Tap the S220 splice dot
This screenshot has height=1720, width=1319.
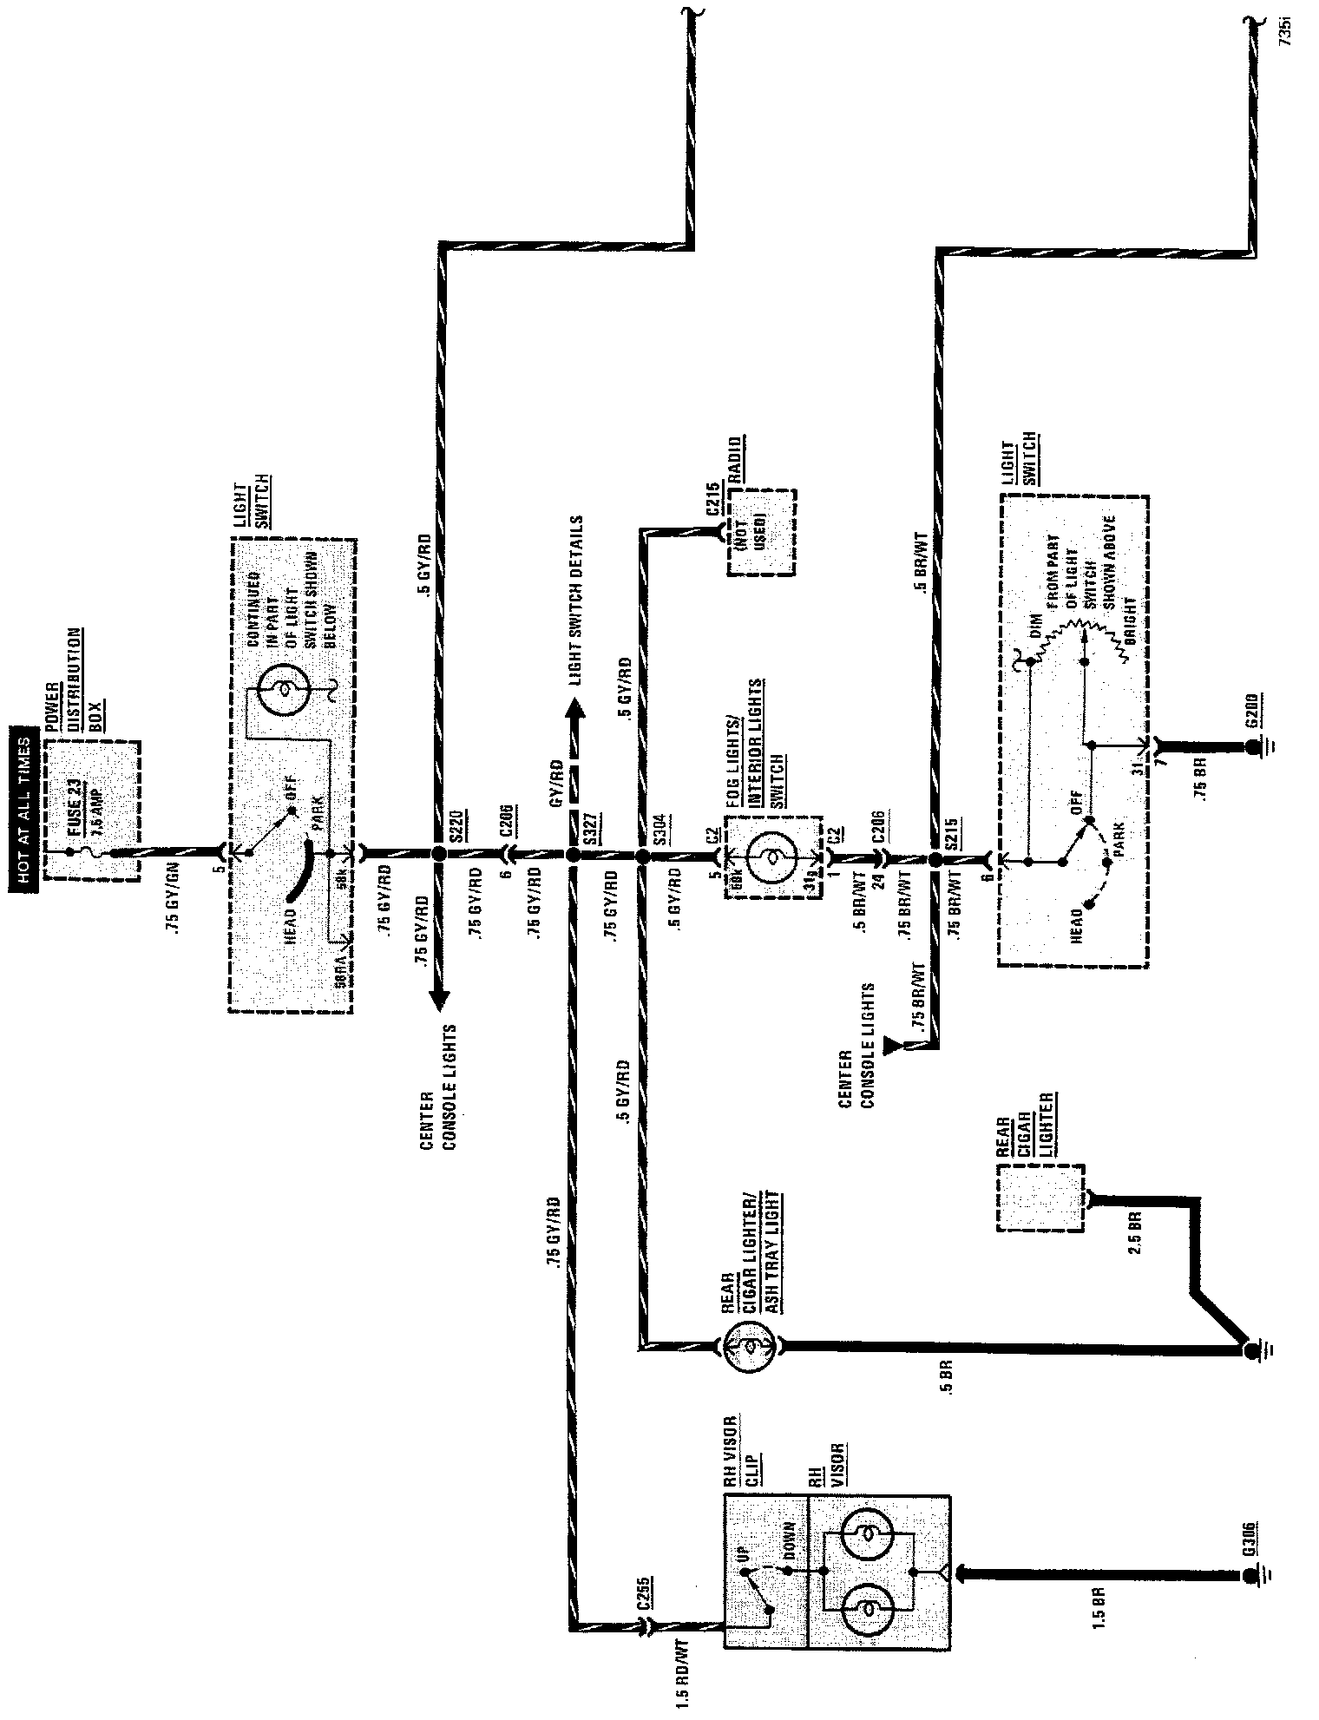(439, 855)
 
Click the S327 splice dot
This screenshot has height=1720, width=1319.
(573, 856)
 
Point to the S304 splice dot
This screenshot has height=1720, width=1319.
(642, 856)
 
